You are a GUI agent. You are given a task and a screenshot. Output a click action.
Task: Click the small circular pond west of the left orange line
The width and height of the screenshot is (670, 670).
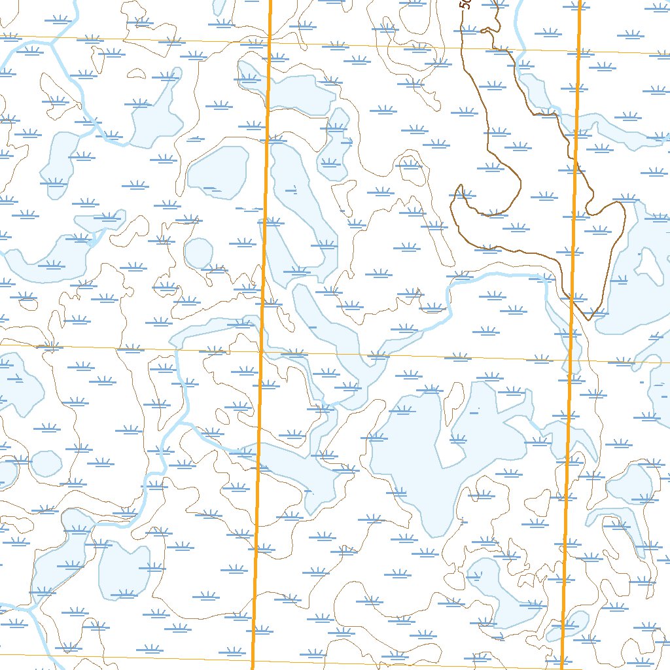tap(198, 252)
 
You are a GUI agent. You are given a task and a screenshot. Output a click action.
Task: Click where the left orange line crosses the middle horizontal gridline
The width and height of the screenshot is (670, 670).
tap(261, 351)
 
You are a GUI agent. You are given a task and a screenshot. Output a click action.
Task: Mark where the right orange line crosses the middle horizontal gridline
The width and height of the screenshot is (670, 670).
tap(571, 360)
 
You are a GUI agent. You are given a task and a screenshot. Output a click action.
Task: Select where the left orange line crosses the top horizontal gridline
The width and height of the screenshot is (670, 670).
tap(270, 44)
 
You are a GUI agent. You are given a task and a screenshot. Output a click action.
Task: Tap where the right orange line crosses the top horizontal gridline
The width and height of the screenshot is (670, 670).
tap(579, 52)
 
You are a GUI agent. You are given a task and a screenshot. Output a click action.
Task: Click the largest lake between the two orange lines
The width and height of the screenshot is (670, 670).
tap(419, 458)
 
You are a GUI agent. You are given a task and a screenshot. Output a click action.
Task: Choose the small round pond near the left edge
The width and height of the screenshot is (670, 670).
tap(46, 463)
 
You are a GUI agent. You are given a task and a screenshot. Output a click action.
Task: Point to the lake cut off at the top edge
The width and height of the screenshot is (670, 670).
tap(220, 7)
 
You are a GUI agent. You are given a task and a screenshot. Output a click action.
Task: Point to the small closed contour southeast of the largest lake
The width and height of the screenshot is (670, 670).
tap(538, 502)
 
